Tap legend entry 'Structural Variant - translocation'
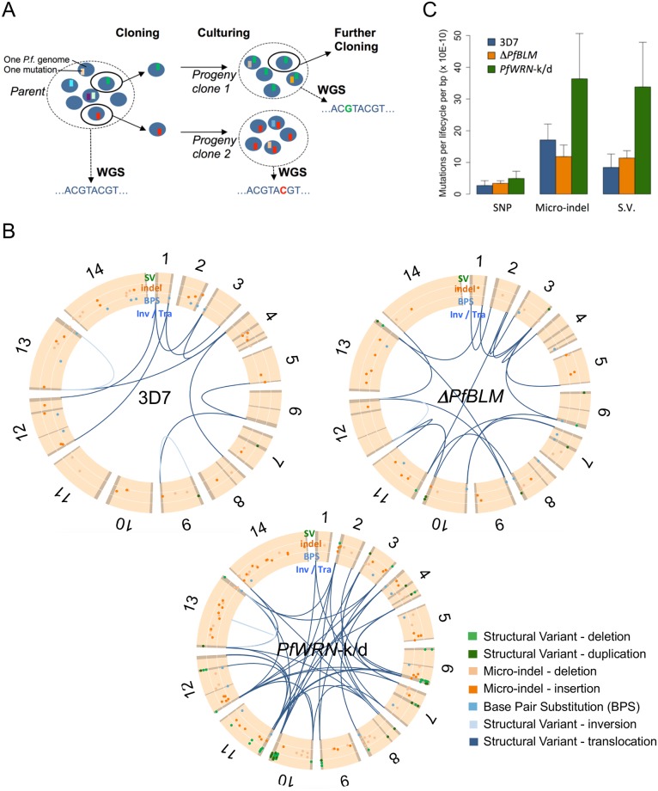pos(586,740)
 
